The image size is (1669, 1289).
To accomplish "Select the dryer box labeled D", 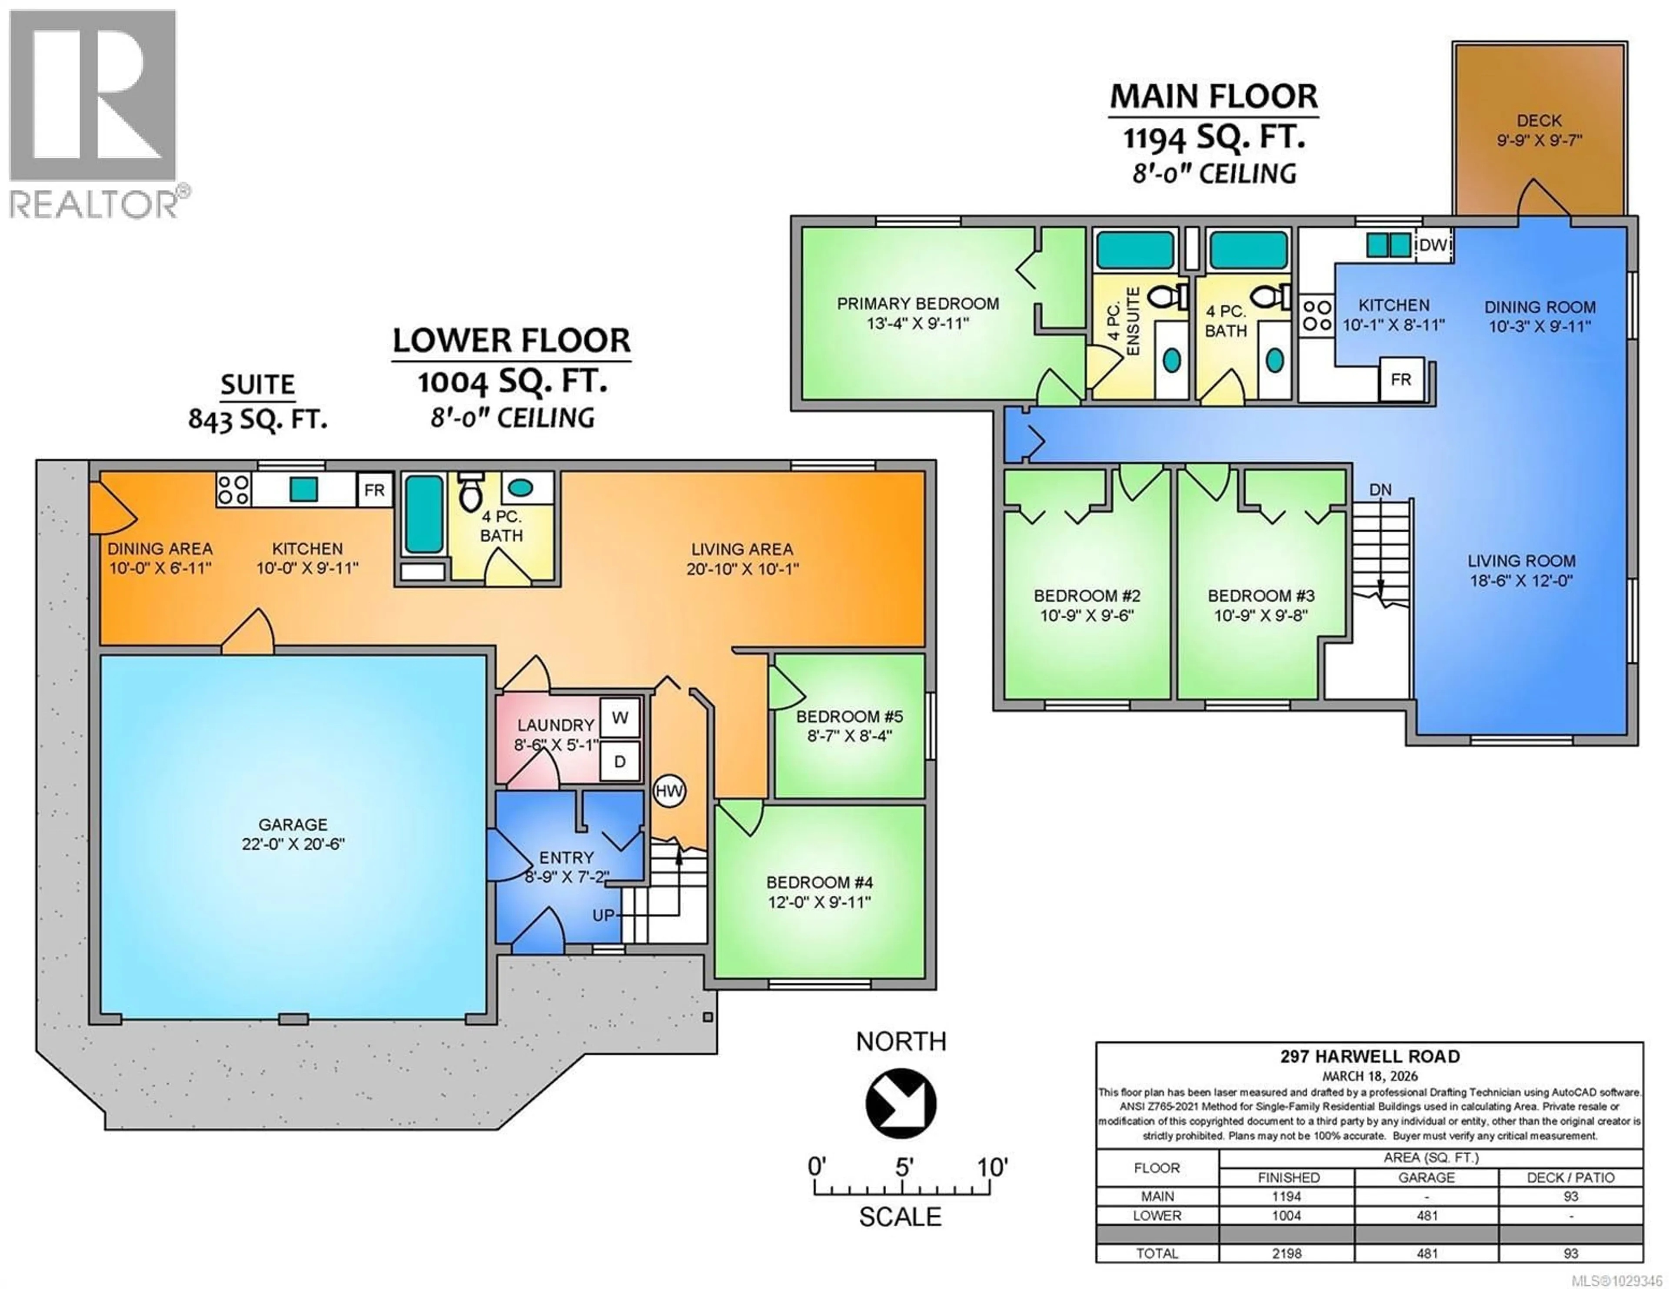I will tap(620, 762).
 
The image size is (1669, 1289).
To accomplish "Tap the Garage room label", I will tap(293, 825).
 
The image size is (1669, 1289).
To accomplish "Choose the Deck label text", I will tap(1539, 121).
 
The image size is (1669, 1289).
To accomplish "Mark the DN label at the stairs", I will tap(1380, 490).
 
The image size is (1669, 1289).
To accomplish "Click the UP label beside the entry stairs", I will tap(603, 915).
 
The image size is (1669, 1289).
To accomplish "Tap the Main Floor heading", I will tap(1214, 97).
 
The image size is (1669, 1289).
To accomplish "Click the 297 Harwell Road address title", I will tap(1370, 1057).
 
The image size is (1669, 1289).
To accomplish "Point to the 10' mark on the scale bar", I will tap(992, 1167).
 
